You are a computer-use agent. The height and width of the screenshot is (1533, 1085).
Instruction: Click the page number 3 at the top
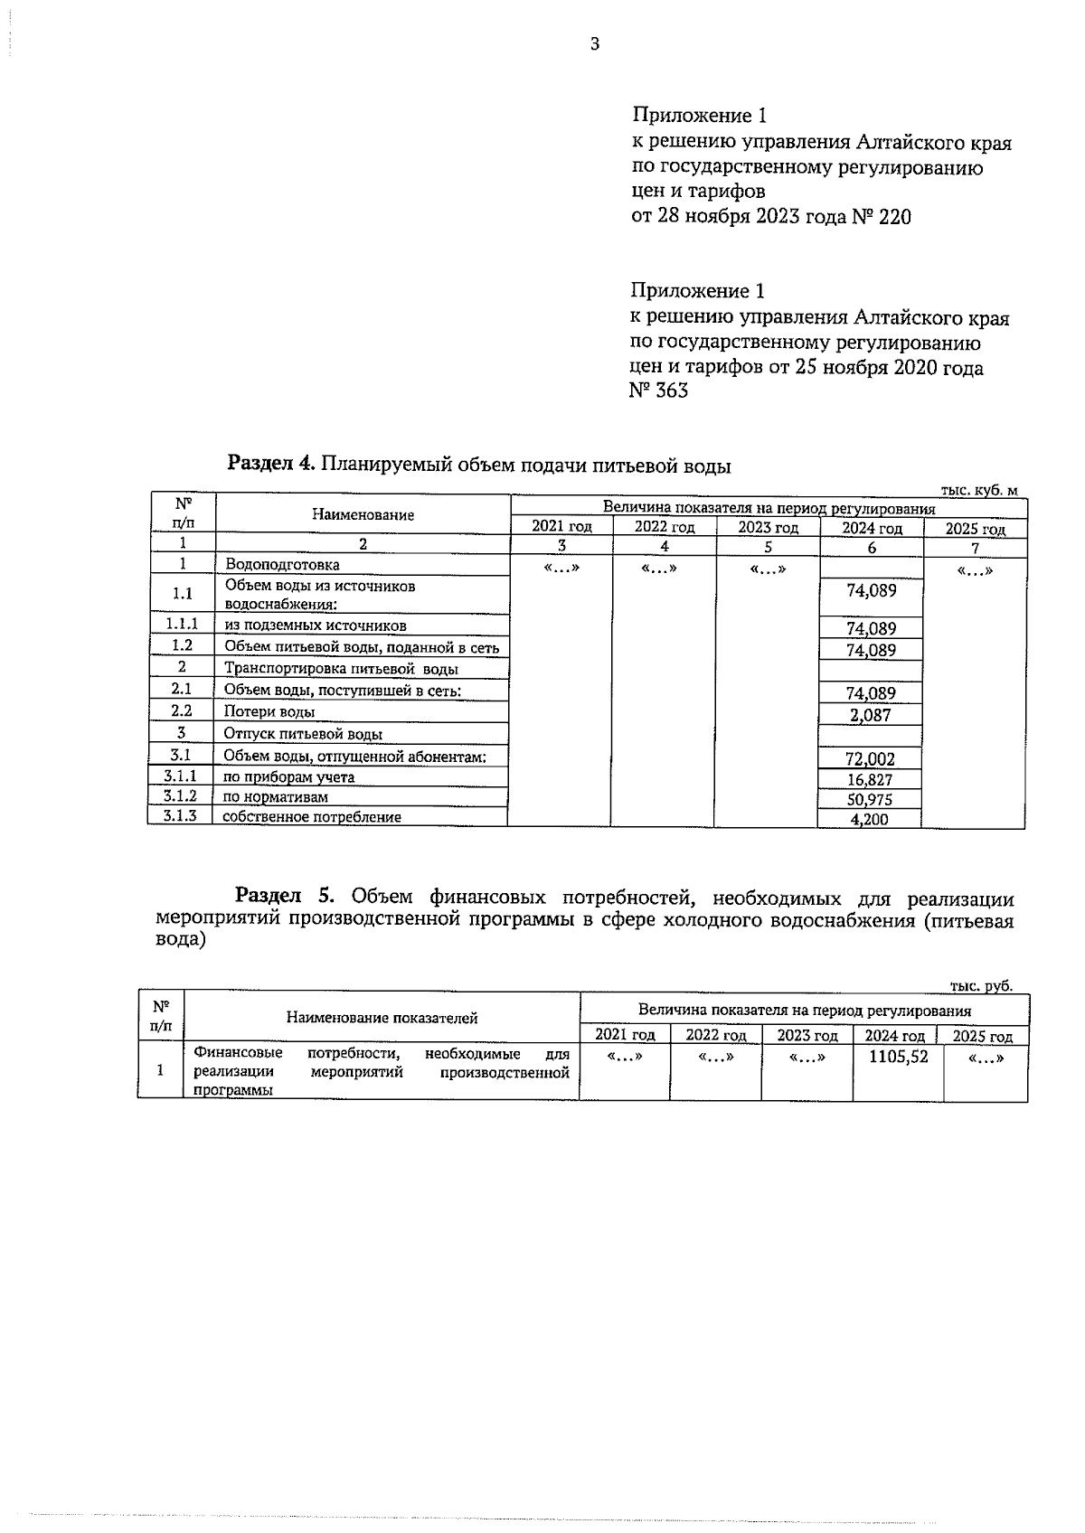(x=594, y=44)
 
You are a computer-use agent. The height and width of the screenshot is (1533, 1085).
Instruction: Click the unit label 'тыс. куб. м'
(x=978, y=490)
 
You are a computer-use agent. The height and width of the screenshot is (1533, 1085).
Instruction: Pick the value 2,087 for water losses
(x=870, y=716)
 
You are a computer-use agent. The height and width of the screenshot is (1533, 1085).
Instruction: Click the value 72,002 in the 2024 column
(x=870, y=759)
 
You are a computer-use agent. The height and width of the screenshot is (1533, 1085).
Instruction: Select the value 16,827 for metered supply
(x=870, y=780)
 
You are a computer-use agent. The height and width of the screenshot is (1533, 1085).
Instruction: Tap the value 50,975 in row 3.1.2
(x=870, y=800)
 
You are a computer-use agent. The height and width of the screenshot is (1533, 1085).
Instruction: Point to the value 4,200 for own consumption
(x=870, y=820)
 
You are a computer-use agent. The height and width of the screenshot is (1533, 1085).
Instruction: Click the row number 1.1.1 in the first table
(x=182, y=625)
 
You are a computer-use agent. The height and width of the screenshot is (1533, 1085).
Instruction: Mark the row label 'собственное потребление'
(x=312, y=817)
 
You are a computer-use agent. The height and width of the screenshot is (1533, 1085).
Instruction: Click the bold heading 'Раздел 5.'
(x=285, y=897)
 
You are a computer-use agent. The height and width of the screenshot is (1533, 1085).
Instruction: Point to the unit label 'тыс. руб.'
(x=981, y=986)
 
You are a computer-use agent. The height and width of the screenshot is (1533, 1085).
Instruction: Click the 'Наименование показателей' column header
(x=382, y=1018)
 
